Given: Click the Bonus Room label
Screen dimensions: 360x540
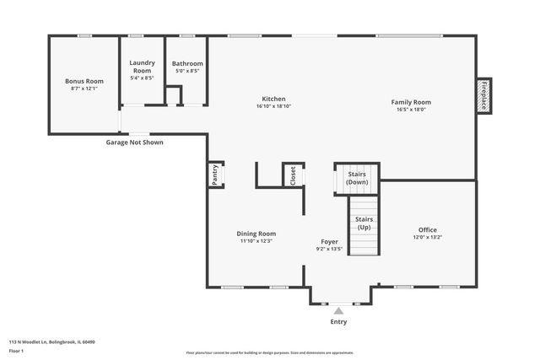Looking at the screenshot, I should coord(84,81).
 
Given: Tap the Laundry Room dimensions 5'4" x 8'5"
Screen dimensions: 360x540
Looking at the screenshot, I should coord(142,78).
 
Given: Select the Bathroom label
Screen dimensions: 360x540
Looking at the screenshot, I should coord(187,63).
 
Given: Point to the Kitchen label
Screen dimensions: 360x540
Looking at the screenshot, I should coord(273,99).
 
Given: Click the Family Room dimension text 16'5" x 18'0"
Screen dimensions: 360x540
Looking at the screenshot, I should coord(411,109).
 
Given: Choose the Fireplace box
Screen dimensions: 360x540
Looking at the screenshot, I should coord(484,96).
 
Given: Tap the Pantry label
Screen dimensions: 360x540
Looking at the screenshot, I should coord(215,175).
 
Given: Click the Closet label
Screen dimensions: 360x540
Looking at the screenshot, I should coord(293,175).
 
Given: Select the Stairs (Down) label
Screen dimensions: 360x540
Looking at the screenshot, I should coord(357,179).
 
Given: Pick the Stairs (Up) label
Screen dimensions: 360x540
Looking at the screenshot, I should coord(364,223).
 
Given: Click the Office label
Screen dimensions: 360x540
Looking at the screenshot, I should coord(428,229).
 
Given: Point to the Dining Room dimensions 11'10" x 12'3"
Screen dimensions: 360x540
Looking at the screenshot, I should coord(256,241).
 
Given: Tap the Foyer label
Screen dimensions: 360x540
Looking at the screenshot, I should coord(329,241).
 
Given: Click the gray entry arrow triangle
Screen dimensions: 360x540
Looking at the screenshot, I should coord(338,310).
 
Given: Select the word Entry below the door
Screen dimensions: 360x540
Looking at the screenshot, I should coord(338,322).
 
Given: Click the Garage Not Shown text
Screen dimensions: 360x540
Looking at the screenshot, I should coord(134,142).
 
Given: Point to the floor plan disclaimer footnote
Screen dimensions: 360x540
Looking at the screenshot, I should coord(270,352).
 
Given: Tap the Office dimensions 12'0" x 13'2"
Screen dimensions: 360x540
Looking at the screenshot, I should coord(428,237).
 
